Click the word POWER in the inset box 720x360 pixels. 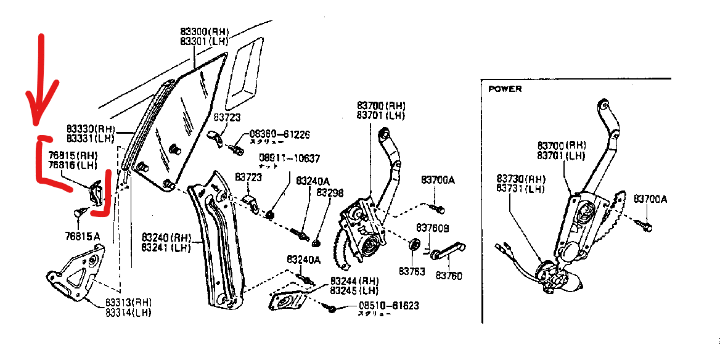(505, 89)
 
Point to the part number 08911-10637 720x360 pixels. (289, 158)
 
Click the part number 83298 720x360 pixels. (330, 192)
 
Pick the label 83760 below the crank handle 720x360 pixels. (449, 275)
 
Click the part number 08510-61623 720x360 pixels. (388, 305)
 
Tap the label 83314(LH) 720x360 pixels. (128, 313)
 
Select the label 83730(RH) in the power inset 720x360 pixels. (521, 179)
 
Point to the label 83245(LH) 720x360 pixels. (354, 290)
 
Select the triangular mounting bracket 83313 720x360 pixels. (74, 274)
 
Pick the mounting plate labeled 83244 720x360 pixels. (289, 303)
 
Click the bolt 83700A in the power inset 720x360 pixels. (644, 227)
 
